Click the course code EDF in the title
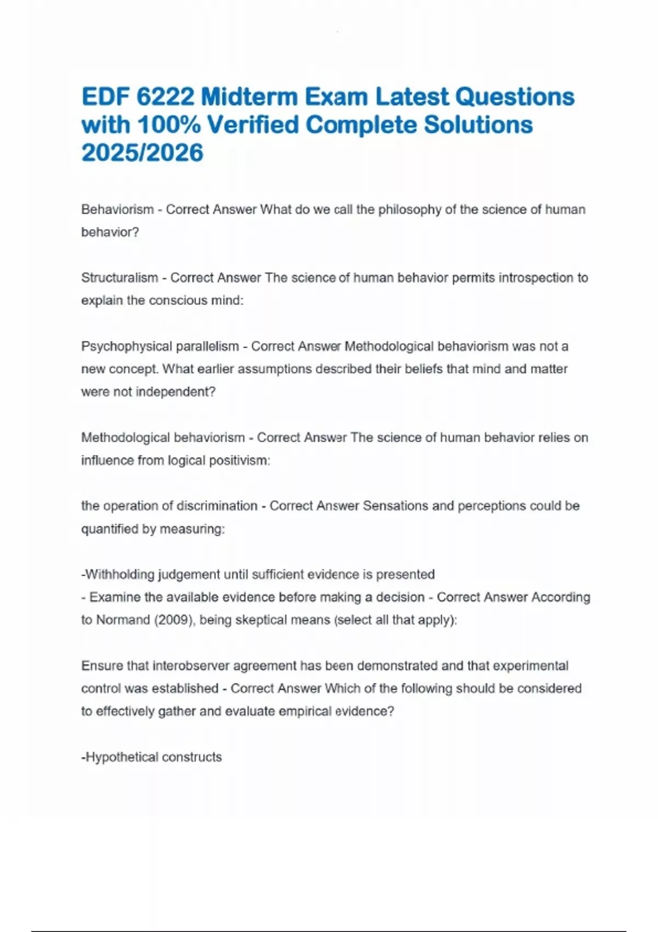click(x=105, y=97)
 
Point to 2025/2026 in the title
click(x=143, y=153)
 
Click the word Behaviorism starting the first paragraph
click(x=117, y=209)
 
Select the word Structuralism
click(x=120, y=278)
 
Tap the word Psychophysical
click(x=126, y=346)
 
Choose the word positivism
click(x=241, y=461)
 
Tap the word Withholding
click(x=120, y=575)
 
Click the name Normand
click(x=123, y=620)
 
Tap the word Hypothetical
click(x=121, y=757)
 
